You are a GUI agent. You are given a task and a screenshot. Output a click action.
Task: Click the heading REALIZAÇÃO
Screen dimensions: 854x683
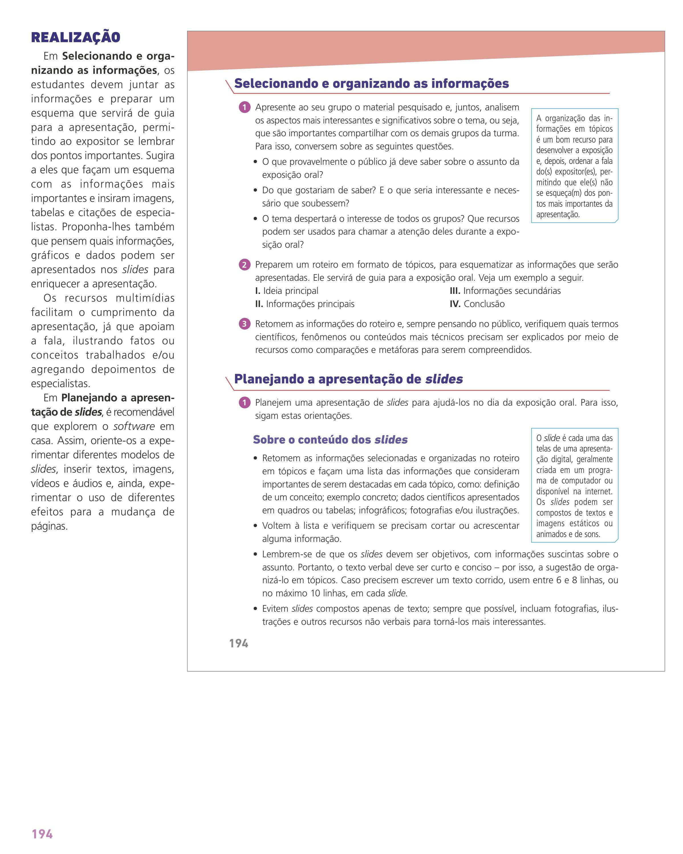[76, 37]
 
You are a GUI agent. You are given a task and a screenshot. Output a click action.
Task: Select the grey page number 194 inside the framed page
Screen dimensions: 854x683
[239, 643]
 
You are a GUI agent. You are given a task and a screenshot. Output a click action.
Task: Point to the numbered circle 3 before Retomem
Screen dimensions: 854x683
[245, 324]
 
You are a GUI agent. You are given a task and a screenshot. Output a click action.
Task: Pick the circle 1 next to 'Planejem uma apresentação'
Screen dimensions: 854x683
[245, 403]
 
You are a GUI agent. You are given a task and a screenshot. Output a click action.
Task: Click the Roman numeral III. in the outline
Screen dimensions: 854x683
[455, 291]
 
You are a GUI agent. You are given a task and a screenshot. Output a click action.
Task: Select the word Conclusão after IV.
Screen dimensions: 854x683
[484, 304]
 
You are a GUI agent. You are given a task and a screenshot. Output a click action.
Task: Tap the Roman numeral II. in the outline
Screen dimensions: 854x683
[259, 304]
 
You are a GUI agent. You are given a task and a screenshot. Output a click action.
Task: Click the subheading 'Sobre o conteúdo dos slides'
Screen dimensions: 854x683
[330, 440]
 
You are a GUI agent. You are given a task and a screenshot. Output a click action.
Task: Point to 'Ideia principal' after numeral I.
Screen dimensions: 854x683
[290, 291]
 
